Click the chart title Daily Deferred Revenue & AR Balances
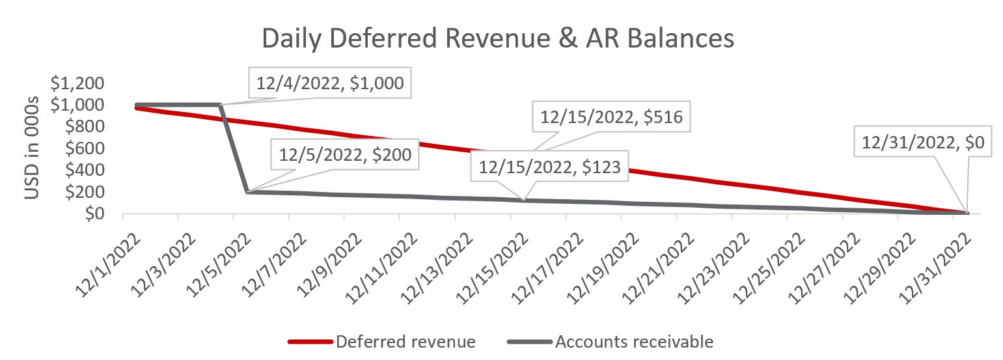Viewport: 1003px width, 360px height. point(498,39)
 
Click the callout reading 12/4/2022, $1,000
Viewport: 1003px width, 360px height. point(330,83)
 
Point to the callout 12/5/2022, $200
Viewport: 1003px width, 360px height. point(345,156)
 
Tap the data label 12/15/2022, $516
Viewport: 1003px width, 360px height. point(611,117)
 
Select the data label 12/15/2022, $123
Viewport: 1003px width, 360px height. point(549,167)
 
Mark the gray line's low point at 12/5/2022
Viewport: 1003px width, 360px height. point(247,191)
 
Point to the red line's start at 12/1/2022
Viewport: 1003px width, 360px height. point(136,108)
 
